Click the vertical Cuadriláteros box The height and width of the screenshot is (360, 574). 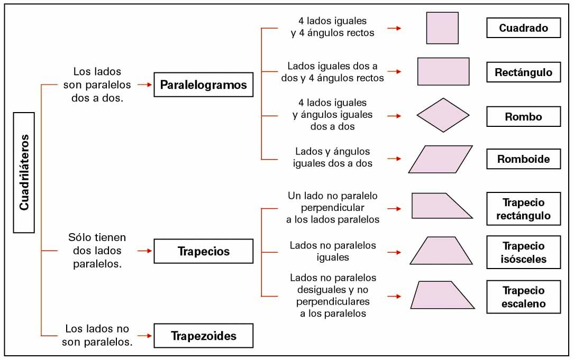coord(24,172)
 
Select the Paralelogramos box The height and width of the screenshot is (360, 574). coord(203,85)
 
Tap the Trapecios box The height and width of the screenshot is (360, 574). coord(203,251)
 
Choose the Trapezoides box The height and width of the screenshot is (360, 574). coord(203,336)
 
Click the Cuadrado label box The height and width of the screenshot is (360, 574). coord(523,28)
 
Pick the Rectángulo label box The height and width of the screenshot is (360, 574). coord(523,72)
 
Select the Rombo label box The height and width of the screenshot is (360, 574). coord(523,117)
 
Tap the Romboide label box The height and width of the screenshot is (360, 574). coord(523,159)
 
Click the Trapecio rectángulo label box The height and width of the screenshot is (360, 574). coord(523,209)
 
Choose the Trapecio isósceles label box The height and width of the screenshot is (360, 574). coord(523,253)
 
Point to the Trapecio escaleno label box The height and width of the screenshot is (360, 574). coord(523,297)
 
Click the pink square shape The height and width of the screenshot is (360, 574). coord(442,28)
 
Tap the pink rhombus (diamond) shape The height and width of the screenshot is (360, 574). coord(443,115)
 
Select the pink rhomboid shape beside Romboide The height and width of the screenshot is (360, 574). coord(440,159)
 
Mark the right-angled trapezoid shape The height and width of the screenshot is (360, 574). coord(439,206)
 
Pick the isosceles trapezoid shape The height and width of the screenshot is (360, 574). coord(441,251)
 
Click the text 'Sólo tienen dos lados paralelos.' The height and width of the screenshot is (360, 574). coord(97,251)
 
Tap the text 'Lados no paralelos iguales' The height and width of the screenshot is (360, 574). coord(333,251)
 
